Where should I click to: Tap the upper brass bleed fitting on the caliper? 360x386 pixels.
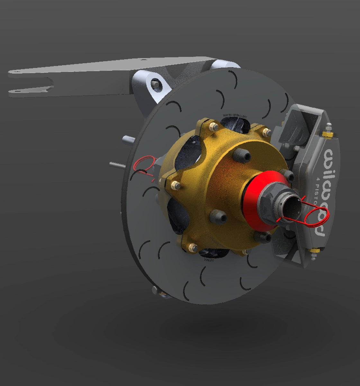coord(328,132)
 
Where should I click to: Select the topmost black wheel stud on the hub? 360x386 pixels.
coord(241,156)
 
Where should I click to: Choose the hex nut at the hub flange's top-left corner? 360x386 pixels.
coord(212,127)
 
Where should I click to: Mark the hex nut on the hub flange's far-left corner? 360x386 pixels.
coord(175,185)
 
